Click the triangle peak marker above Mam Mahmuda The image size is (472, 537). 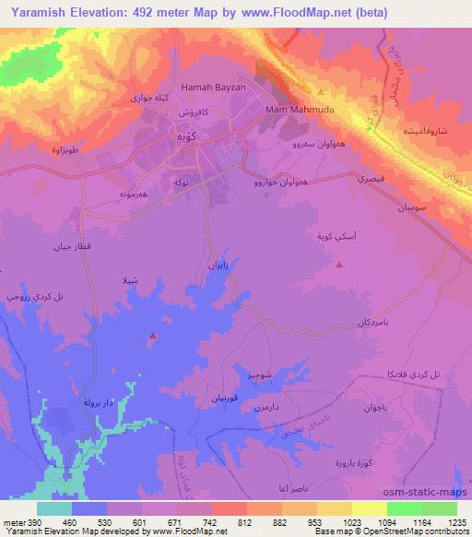click(320, 92)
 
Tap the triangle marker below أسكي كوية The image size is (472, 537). click(339, 265)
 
